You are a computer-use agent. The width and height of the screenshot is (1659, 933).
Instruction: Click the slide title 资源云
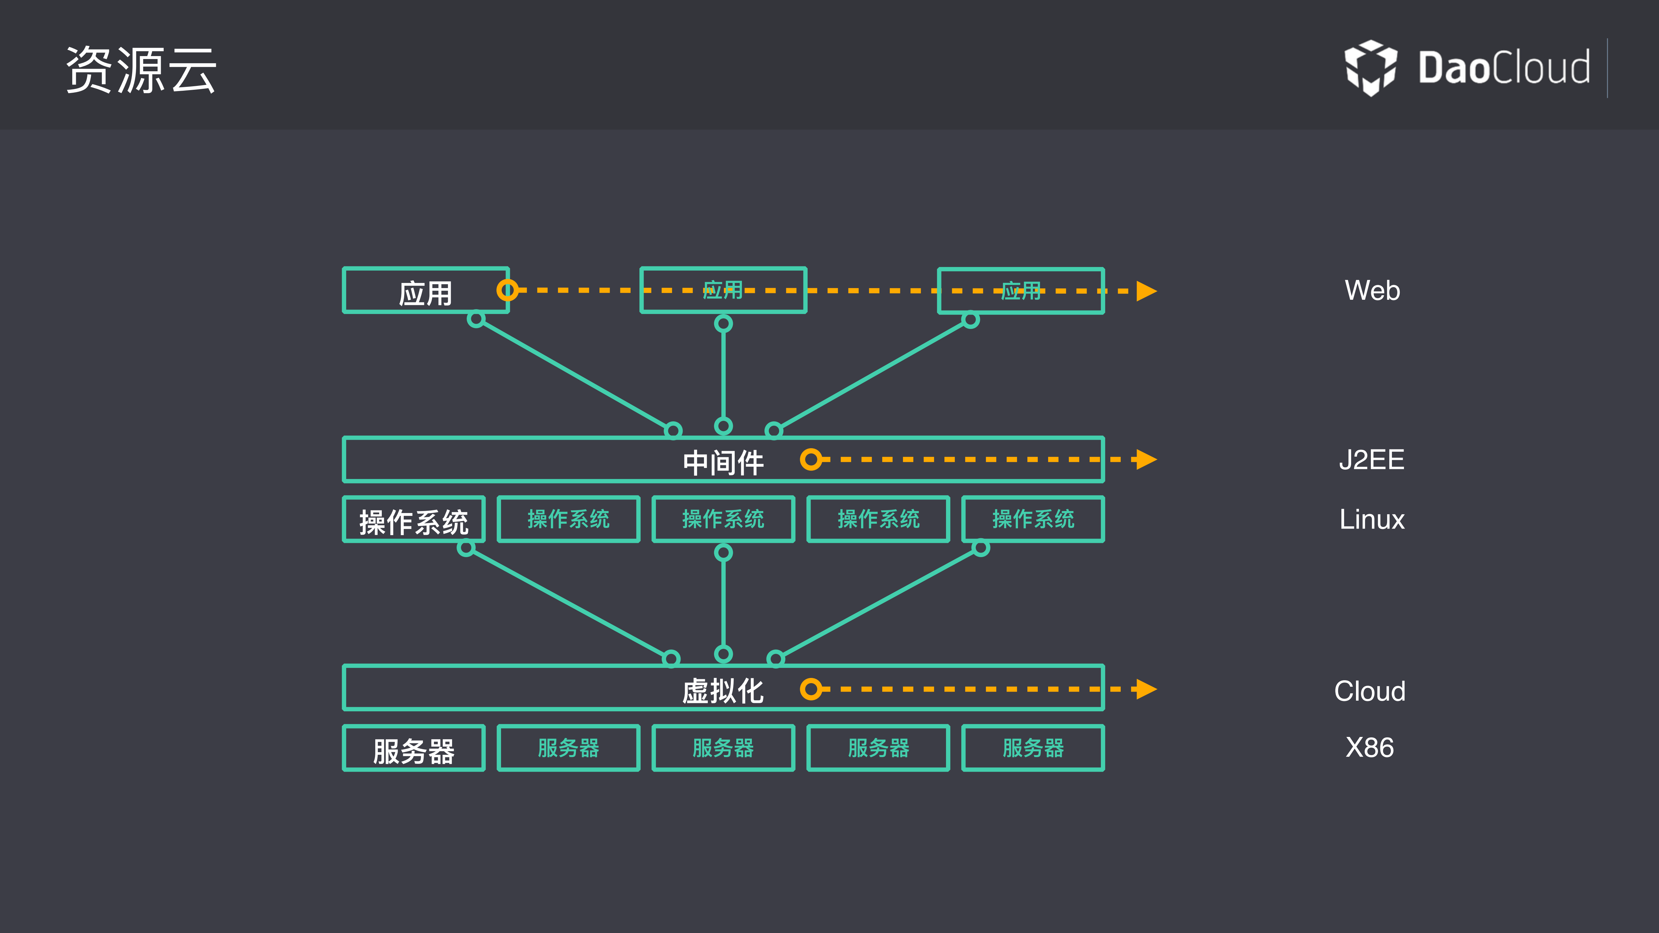pos(141,70)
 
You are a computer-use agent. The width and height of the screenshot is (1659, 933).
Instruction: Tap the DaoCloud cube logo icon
pos(1371,67)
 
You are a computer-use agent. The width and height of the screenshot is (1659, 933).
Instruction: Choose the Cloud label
pos(1370,691)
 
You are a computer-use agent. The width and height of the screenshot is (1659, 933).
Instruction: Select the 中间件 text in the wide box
pos(723,462)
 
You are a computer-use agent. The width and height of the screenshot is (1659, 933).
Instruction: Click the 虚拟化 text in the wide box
pos(723,691)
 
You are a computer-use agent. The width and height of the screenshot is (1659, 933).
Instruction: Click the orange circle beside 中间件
pos(811,460)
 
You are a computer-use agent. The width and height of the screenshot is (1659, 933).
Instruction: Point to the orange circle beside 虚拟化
pos(811,689)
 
